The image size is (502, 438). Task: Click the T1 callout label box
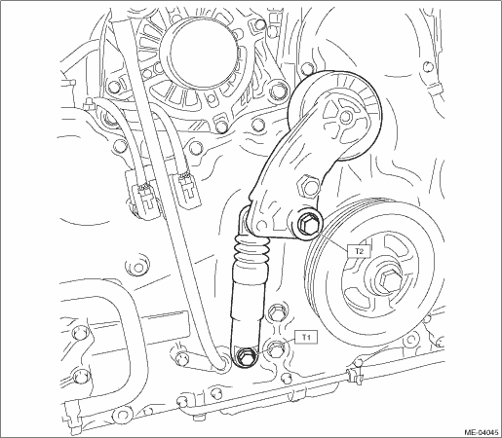tap(305, 338)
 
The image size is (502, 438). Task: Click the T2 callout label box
tap(359, 250)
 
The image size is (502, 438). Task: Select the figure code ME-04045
tap(482, 432)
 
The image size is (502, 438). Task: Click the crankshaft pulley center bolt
tap(388, 279)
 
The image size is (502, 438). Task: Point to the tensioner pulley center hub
tap(346, 116)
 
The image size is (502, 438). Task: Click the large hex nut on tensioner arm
tap(308, 186)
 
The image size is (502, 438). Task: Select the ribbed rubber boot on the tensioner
tap(251, 248)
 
